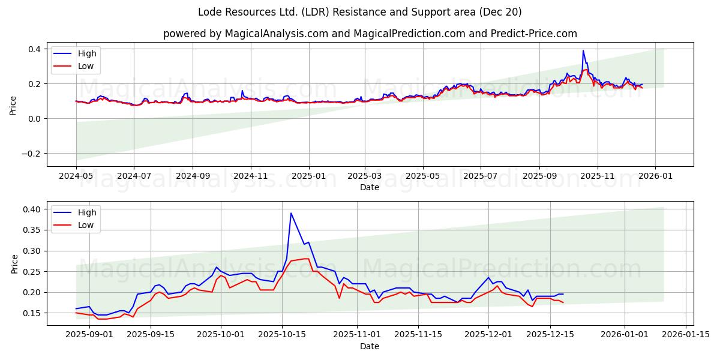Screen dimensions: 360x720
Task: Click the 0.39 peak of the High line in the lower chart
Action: pos(291,213)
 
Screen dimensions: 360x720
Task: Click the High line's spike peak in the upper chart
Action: pos(583,51)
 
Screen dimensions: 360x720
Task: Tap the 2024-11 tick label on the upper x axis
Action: pos(250,176)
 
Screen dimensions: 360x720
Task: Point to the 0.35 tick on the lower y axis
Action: pos(32,230)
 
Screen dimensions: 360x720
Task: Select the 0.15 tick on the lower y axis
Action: pos(32,313)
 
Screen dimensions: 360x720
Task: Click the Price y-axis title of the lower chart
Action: pos(14,263)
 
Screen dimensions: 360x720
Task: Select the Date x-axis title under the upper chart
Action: pos(370,187)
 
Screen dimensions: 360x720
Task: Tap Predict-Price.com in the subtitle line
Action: pos(533,34)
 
